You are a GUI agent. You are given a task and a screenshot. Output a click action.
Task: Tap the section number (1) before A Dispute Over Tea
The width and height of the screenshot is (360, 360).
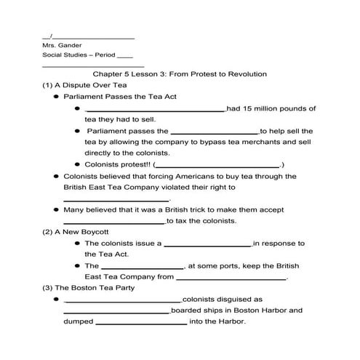48,85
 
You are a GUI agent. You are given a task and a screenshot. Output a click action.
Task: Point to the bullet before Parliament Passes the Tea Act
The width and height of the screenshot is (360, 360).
56,96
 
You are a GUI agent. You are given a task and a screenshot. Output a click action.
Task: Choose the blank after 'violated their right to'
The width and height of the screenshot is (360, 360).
116,199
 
